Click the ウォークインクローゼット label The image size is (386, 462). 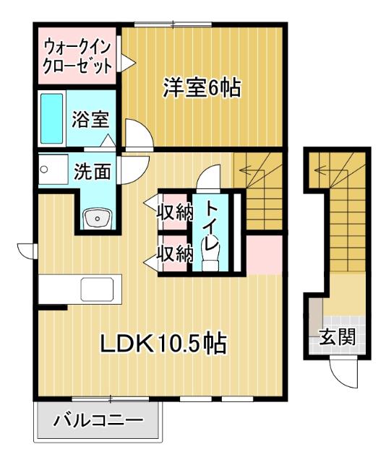point(78,58)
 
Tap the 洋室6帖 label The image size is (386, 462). point(202,87)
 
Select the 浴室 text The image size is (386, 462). point(91,119)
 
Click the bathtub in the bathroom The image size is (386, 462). point(51,118)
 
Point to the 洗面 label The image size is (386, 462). point(93,171)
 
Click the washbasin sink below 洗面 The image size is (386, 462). point(97,219)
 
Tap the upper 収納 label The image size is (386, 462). point(175,212)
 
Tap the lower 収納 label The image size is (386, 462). point(175,253)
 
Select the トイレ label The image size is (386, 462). point(211,226)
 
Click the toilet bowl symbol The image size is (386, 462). point(210,255)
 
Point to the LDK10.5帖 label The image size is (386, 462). point(164,343)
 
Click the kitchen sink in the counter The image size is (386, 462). point(98,289)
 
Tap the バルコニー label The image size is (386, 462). point(98,420)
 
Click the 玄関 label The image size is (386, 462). point(338,336)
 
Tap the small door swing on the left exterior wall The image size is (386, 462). point(26,250)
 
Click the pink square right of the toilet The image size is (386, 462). point(265,255)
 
